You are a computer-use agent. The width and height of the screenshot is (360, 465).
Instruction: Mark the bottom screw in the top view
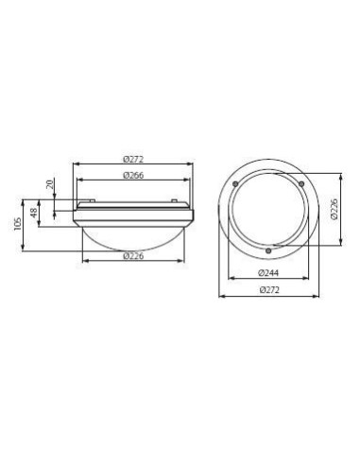[270, 250]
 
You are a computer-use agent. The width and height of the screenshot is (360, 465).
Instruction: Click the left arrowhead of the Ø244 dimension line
[227, 281]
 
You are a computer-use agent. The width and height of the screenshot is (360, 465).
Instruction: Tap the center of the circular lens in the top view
[270, 214]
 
